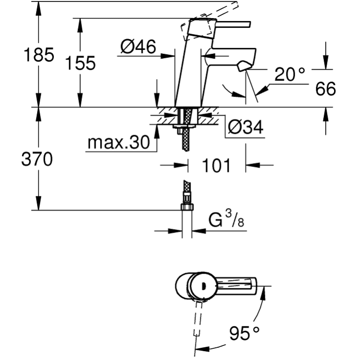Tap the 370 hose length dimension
click(37, 159)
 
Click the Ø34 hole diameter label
click(245, 127)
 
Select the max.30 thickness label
click(118, 143)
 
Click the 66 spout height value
click(325, 89)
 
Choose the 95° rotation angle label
click(244, 334)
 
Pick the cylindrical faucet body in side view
click(189, 73)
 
